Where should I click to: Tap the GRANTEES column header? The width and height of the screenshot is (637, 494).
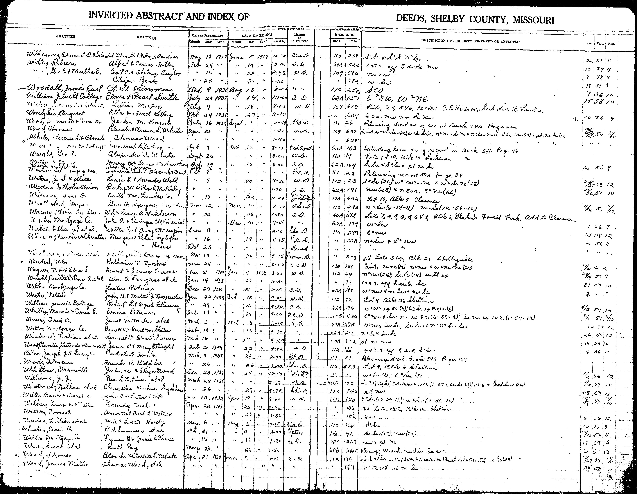[66, 36]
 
